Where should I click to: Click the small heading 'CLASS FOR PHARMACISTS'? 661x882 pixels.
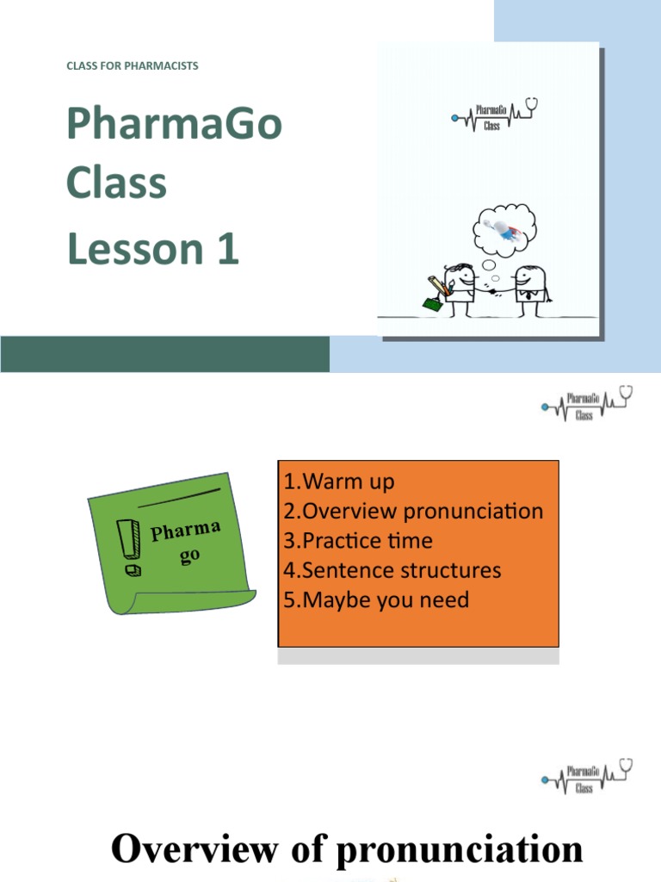point(133,65)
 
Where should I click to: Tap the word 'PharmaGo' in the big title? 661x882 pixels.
point(174,125)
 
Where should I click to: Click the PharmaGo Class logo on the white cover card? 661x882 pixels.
point(494,115)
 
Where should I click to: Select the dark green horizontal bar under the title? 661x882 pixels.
point(164,354)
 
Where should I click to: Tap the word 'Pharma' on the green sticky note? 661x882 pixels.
point(186,530)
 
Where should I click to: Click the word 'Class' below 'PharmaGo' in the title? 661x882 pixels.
point(116,183)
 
